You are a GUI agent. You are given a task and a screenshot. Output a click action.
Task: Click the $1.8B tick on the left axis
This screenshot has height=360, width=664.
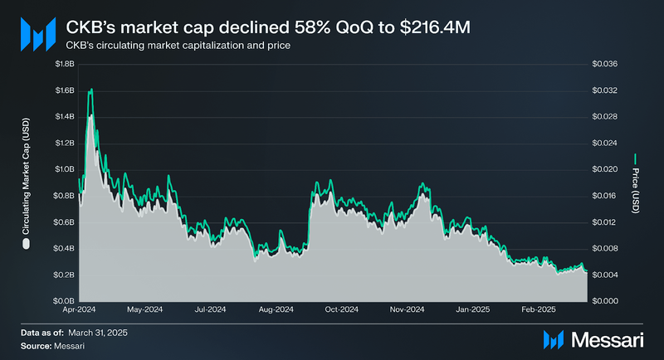tap(65, 64)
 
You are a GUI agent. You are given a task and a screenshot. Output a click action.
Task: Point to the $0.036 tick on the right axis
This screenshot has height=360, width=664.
tap(604, 64)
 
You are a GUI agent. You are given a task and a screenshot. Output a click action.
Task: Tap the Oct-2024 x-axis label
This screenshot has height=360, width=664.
tap(342, 310)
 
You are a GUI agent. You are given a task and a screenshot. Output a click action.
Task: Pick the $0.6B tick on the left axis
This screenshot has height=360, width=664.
tap(65, 222)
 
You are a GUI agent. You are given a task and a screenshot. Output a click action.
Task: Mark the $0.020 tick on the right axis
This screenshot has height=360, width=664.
tap(604, 169)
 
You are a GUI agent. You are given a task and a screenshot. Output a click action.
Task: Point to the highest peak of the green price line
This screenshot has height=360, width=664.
tap(90, 89)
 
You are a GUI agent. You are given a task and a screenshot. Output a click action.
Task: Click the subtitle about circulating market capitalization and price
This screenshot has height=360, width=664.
tap(178, 45)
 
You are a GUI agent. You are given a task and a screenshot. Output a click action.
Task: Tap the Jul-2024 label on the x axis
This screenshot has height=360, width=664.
tap(210, 310)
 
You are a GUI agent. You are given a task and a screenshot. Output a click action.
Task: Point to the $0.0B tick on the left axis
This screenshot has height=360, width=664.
tap(65, 301)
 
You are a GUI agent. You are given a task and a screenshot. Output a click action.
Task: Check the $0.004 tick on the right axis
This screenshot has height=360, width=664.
tap(604, 275)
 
